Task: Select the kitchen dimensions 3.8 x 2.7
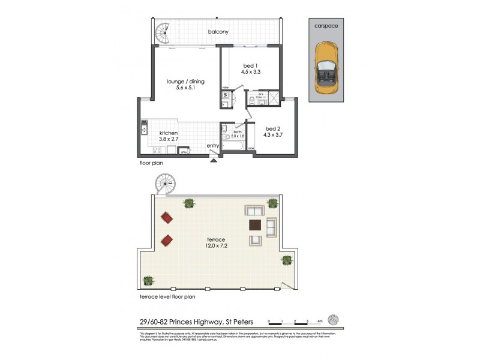click(170, 139)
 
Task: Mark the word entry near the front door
click(213, 146)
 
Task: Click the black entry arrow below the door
click(213, 159)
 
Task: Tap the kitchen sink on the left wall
click(145, 127)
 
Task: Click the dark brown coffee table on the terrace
click(254, 226)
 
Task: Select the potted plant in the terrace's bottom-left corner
click(148, 280)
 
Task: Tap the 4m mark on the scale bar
click(320, 322)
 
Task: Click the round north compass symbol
click(335, 320)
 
